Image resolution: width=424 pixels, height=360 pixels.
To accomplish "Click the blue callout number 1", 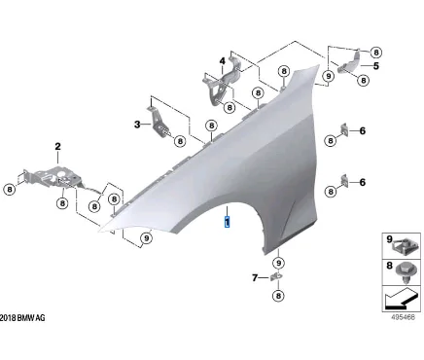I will click(227, 221).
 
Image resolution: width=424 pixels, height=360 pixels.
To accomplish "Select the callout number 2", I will click(57, 147).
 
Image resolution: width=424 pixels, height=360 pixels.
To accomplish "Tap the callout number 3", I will click(138, 124).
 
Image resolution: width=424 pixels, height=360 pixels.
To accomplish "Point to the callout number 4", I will click(222, 61).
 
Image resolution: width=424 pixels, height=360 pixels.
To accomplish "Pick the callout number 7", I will click(254, 278).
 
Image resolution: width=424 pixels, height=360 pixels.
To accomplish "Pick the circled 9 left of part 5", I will click(329, 74).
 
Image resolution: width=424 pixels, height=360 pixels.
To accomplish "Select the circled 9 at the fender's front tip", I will click(146, 236).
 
